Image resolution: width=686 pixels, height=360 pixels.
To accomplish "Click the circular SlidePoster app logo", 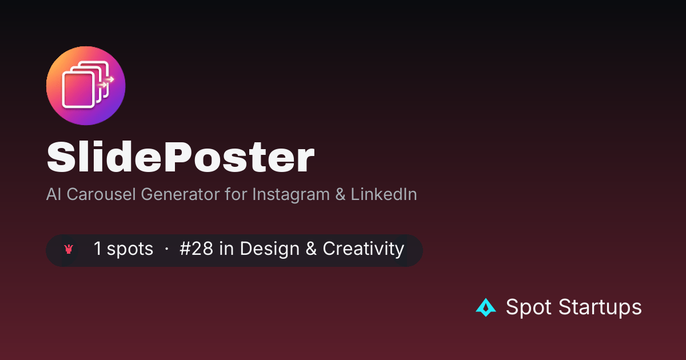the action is pos(86,86).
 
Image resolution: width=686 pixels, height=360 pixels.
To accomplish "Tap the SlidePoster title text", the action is pos(181,157).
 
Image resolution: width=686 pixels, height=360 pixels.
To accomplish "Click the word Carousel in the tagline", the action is pos(101,194).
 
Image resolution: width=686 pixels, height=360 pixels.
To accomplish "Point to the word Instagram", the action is pos(291,195).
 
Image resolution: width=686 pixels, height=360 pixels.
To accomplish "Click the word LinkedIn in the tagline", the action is pos(384,194).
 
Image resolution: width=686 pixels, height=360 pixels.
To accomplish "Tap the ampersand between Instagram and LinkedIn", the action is pos(340,194).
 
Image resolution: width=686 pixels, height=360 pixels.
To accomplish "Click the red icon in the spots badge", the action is pos(69,249).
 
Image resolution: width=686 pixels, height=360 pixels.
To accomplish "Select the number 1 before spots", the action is pos(98,248).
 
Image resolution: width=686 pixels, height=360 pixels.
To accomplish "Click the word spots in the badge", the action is pos(130,249).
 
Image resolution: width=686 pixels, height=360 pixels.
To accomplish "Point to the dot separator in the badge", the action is pos(166,249).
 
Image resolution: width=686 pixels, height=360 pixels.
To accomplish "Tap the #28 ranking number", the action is pos(196,248).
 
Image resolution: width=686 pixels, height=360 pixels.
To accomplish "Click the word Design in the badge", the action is pos(269,249).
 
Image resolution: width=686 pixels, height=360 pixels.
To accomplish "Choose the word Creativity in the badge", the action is pos(364,249).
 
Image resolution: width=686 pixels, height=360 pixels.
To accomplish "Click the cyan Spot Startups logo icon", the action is pos(486,307).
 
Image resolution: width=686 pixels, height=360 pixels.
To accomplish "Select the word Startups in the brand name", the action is pos(600,307).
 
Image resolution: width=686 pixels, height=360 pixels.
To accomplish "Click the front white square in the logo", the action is pos(78,90).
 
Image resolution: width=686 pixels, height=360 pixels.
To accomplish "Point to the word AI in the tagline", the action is pos(54,194).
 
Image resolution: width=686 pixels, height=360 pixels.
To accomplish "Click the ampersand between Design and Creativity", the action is pos(311,248).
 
